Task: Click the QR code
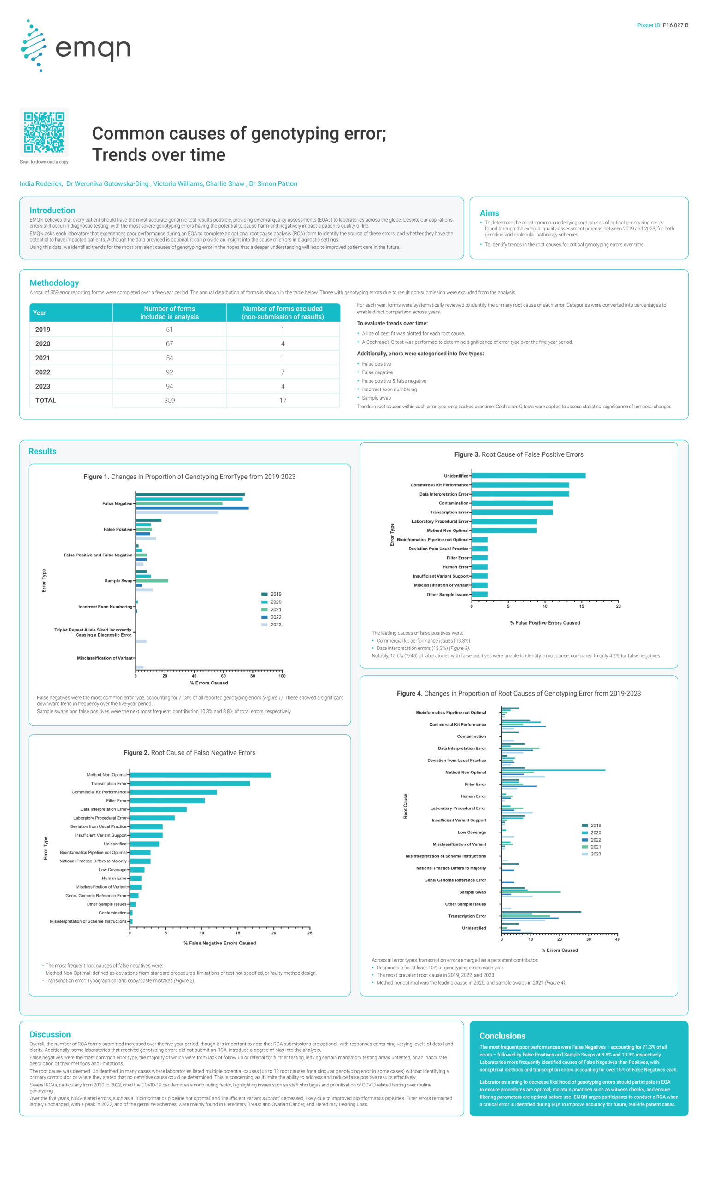click(44, 132)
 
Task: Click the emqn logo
click(76, 46)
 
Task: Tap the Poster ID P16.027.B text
click(662, 25)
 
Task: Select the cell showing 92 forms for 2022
click(169, 372)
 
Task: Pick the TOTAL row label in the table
click(46, 400)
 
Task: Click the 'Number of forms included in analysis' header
click(169, 313)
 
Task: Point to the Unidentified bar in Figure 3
click(528, 476)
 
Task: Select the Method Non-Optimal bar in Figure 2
click(201, 774)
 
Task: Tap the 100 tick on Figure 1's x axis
click(282, 676)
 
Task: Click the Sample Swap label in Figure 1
click(118, 580)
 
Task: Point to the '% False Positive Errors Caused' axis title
click(545, 622)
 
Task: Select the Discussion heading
click(50, 1034)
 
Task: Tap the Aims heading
click(489, 213)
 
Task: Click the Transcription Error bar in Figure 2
click(190, 783)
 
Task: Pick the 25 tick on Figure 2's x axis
click(310, 933)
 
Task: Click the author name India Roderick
click(41, 183)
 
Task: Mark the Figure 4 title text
click(519, 694)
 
